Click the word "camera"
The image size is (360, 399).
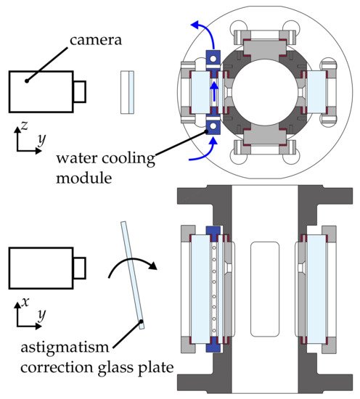pos(96,40)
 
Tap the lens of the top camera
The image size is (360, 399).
pos(80,91)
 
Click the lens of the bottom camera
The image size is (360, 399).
pos(79,268)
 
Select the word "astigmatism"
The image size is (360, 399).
pos(65,347)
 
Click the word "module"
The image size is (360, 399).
pos(83,178)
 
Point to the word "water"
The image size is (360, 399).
pos(77,158)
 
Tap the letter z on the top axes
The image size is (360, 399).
pos(25,126)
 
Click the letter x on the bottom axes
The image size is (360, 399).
pos(25,302)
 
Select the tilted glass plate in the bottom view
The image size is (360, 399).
pos(132,276)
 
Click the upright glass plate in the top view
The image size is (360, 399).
pos(127,92)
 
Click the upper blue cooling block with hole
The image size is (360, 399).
pos(213,59)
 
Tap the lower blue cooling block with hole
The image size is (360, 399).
pos(213,126)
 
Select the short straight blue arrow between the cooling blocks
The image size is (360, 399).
pos(214,91)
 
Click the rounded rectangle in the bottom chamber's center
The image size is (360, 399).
pos(265,289)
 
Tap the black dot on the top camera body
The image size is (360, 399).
pos(26,81)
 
